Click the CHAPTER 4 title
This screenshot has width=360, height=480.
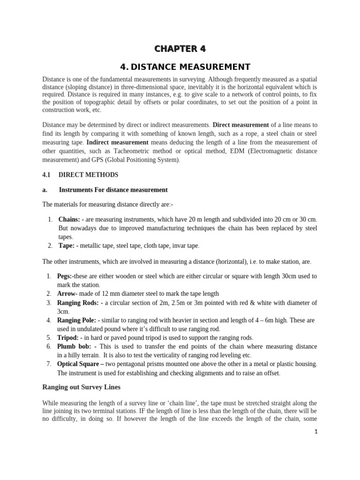[x=180, y=49]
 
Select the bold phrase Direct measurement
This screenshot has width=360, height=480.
[x=241, y=125]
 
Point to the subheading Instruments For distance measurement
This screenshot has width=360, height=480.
[x=113, y=190]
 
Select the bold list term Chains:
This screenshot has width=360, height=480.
[x=69, y=219]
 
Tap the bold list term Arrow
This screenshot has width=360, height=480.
[x=66, y=293]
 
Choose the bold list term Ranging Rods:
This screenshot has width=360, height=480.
[x=76, y=302]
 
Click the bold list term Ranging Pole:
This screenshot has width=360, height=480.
[x=76, y=320]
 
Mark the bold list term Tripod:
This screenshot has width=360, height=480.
[x=67, y=337]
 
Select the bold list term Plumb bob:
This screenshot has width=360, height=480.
[x=73, y=346]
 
